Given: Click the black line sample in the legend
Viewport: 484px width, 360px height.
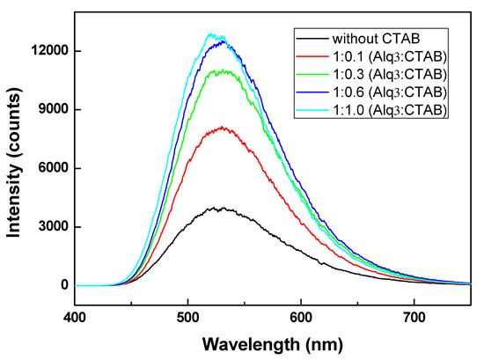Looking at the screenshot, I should coord(312,39).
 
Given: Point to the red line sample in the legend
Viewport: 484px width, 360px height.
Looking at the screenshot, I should coord(312,55).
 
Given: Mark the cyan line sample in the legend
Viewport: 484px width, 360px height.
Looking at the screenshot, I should coord(312,108).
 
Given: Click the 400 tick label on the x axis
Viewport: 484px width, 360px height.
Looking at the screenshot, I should coord(75,314).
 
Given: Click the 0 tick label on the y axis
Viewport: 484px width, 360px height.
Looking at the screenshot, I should coord(64,285).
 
